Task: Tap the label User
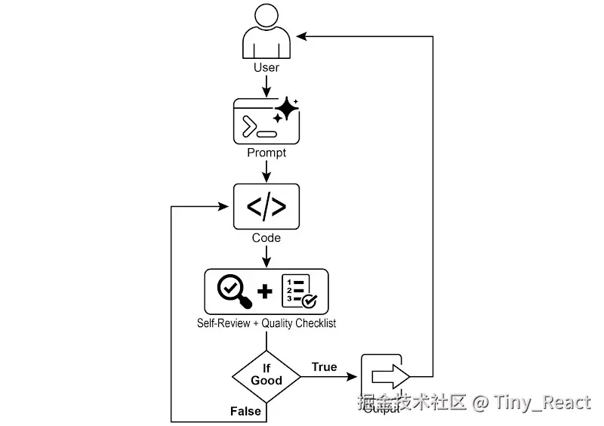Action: [266, 67]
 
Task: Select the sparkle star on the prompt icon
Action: [285, 111]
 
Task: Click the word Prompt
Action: [267, 153]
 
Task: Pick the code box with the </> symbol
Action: [267, 206]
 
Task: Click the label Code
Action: [267, 238]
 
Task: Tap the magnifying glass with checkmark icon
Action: [233, 291]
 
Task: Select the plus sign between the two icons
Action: [265, 291]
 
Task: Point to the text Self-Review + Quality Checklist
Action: [267, 323]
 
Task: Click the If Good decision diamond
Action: [266, 375]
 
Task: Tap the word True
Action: [324, 367]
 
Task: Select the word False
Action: [245, 411]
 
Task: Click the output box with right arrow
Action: [385, 375]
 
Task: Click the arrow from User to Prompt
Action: [267, 85]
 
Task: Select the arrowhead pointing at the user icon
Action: [301, 35]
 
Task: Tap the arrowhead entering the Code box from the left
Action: [225, 205]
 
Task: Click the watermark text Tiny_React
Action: [541, 402]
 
